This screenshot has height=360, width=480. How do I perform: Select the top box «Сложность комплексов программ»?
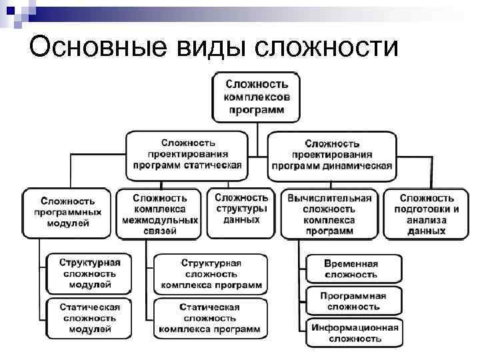257,97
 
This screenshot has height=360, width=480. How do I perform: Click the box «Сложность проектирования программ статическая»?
188,154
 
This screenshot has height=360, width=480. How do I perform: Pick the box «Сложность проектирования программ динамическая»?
332,155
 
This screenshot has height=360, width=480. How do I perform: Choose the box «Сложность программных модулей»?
67,212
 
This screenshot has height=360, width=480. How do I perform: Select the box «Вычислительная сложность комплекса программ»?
329,213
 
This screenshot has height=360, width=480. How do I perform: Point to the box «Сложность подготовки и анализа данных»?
427,213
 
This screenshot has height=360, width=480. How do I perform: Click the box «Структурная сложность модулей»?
89,273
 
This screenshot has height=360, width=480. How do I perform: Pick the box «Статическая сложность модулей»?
89,317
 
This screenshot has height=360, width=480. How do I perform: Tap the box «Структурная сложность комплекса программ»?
211,273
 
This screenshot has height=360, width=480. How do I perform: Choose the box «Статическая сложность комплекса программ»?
210,318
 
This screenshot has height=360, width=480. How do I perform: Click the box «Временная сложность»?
353,269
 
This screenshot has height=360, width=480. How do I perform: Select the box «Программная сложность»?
353,301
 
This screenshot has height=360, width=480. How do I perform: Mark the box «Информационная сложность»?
353,333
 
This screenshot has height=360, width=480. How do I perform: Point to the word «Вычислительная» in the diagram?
329,198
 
